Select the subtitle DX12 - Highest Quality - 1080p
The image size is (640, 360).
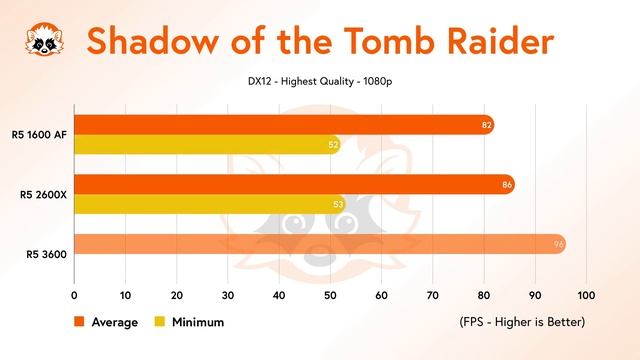point(319,81)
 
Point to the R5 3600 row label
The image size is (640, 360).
point(47,254)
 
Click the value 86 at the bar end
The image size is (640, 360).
point(507,185)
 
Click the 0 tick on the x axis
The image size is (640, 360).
point(74,295)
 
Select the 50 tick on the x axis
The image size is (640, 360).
point(330,295)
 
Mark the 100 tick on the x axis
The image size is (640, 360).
point(586,295)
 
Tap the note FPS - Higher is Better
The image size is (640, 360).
point(521,322)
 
